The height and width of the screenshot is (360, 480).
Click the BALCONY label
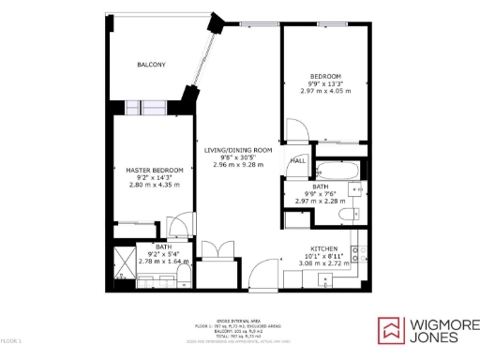click(x=151, y=64)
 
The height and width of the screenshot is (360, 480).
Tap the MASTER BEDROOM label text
click(x=153, y=170)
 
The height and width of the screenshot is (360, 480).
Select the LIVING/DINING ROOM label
click(x=238, y=150)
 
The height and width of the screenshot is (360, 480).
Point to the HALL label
click(x=297, y=161)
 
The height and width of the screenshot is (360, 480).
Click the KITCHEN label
click(x=324, y=248)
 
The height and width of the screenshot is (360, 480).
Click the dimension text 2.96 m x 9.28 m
click(x=238, y=165)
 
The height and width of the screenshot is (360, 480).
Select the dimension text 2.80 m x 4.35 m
click(x=153, y=185)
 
